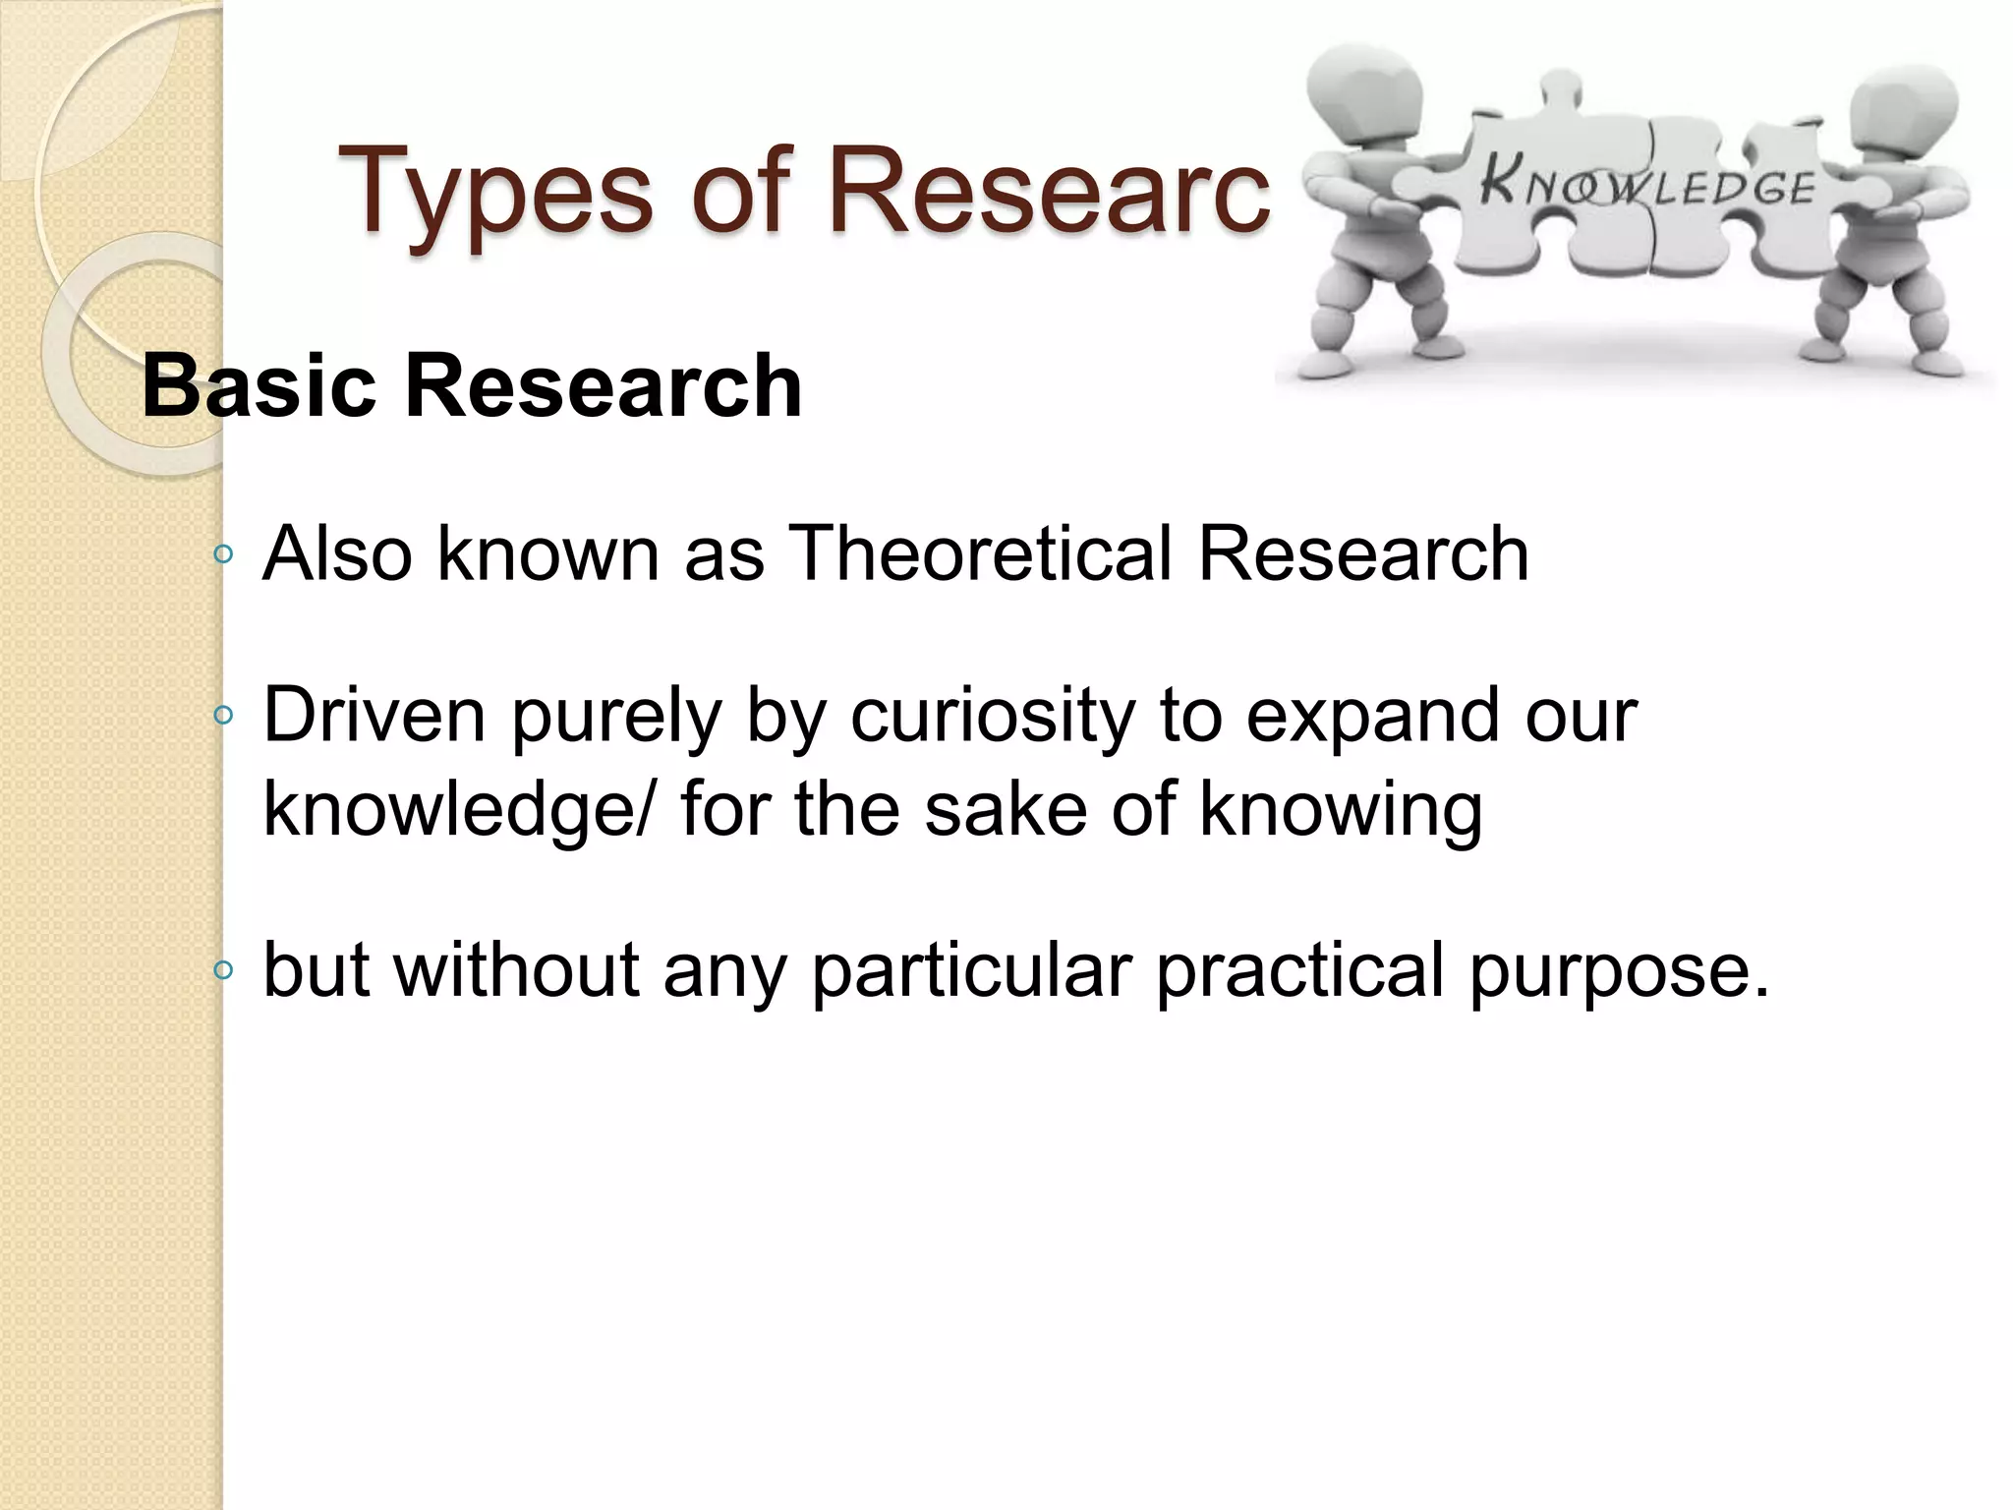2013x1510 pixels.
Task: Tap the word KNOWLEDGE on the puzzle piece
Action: click(1647, 186)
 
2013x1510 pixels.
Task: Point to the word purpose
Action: click(1617, 970)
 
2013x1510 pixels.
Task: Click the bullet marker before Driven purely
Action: click(223, 716)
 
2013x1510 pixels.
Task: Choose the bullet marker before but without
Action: click(223, 971)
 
